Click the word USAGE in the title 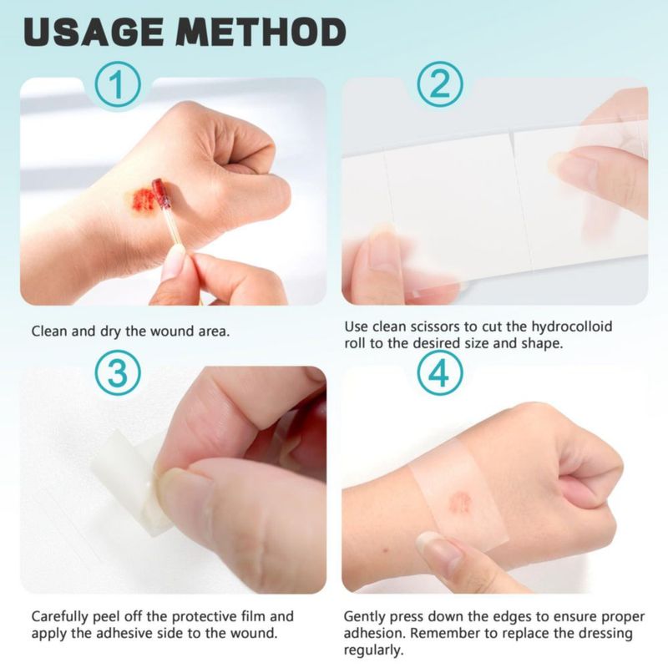(x=94, y=32)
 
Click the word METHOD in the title (x=261, y=32)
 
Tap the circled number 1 (x=118, y=84)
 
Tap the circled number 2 (x=440, y=84)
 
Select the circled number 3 (x=118, y=372)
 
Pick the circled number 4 (x=440, y=372)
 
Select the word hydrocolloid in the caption (x=571, y=326)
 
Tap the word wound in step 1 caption (x=175, y=331)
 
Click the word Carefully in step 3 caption (x=60, y=616)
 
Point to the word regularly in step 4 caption (x=373, y=650)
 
